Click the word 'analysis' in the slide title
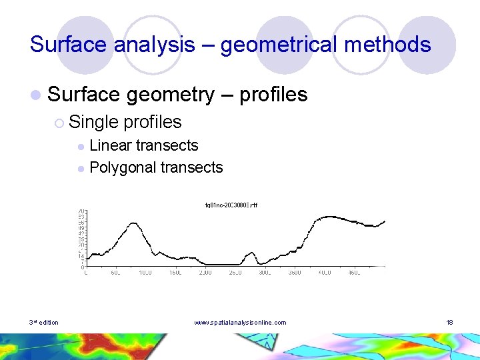point(155,45)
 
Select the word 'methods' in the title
point(393,45)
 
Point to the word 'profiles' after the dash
point(273,95)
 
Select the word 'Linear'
point(111,145)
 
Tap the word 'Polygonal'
point(122,167)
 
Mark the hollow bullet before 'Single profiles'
point(59,123)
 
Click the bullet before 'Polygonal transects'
point(81,168)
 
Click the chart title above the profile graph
point(231,204)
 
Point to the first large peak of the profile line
point(133,223)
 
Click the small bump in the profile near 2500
point(250,253)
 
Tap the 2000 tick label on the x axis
point(205,272)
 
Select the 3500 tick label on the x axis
point(294,272)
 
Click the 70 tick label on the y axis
point(81,211)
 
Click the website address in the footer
point(240,323)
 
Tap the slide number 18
point(450,323)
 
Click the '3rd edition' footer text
point(43,323)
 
